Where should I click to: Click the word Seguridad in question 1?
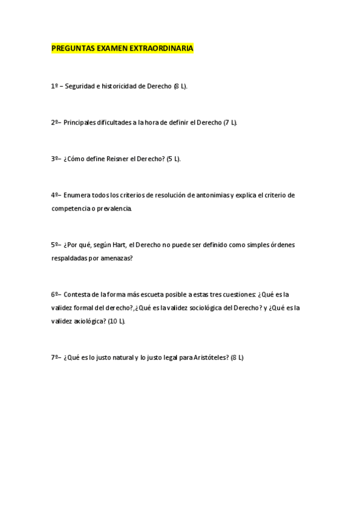tap(80, 87)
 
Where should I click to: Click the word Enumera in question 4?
tap(76, 195)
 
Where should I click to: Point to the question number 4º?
tap(55, 195)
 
